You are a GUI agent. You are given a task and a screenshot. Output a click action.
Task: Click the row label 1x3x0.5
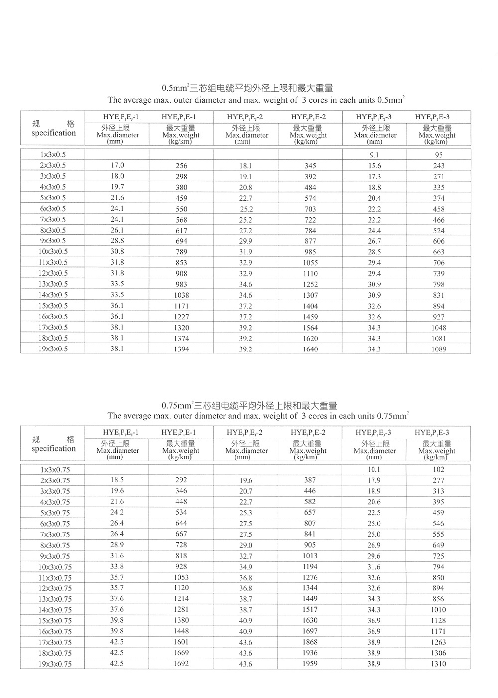(x=53, y=154)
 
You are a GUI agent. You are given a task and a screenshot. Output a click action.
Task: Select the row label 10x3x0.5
(x=53, y=251)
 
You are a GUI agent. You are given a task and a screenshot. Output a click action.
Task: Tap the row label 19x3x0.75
(x=53, y=664)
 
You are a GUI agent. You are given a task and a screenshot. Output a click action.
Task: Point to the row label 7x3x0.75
(x=53, y=534)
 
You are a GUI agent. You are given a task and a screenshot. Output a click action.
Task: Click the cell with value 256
(x=181, y=166)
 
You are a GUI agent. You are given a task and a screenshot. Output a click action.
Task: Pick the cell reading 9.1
(x=374, y=155)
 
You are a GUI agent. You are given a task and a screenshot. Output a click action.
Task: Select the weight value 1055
(x=310, y=263)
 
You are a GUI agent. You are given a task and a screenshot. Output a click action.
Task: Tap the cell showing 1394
(x=181, y=349)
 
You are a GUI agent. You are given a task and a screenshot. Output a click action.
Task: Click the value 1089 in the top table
(x=439, y=349)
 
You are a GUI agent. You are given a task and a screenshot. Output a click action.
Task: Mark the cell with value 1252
(x=310, y=284)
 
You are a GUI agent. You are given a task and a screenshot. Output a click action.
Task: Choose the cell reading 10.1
(x=374, y=469)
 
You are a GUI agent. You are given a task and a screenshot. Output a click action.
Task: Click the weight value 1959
(x=310, y=663)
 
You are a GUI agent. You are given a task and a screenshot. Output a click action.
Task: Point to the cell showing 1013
(x=310, y=556)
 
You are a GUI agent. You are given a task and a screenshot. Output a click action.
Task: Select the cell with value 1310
(x=438, y=664)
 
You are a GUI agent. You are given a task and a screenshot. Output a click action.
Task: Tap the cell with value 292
(x=181, y=480)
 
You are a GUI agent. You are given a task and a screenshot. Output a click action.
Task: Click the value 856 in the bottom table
(x=438, y=599)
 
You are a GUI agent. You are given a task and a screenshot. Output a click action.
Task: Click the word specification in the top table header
(x=54, y=133)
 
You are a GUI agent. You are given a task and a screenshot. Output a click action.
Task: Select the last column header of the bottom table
(x=432, y=432)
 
